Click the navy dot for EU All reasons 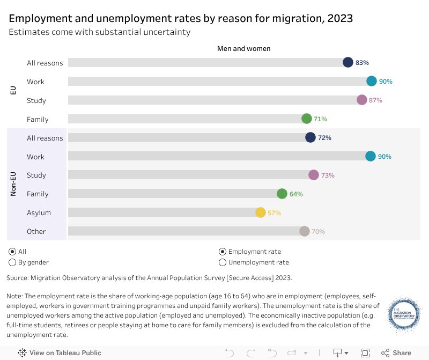point(348,62)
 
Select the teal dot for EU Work point(372,81)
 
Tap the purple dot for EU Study point(362,100)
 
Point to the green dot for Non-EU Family point(282,194)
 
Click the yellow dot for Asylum point(260,212)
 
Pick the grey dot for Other point(305,231)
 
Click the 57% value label point(274,213)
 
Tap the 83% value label point(362,63)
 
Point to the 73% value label point(328,175)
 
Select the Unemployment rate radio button point(223,262)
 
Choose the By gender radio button point(12,262)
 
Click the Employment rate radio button point(223,252)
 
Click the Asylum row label point(39,213)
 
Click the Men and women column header point(243,49)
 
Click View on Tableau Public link point(60,352)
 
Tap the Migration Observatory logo point(404,315)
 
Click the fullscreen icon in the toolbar point(365,352)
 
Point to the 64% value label point(296,194)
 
